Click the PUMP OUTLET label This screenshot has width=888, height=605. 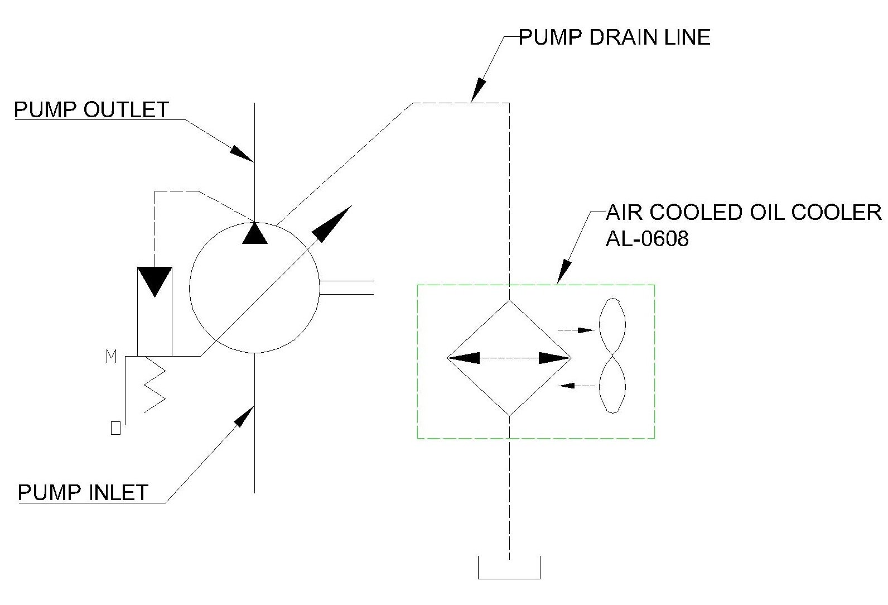tap(91, 109)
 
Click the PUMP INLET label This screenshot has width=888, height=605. tap(83, 492)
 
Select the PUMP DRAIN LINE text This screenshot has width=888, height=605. tap(615, 37)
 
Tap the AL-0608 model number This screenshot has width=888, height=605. tap(647, 239)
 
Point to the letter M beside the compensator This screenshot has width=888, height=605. tap(112, 357)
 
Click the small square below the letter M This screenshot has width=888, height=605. tap(116, 428)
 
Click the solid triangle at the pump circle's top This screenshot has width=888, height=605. tap(255, 233)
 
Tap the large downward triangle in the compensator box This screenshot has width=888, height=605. tap(155, 281)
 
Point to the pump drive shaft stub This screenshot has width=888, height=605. tap(346, 287)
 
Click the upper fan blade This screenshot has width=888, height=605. tap(612, 326)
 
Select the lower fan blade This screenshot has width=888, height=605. tap(612, 385)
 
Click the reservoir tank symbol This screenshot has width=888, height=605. tap(509, 569)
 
